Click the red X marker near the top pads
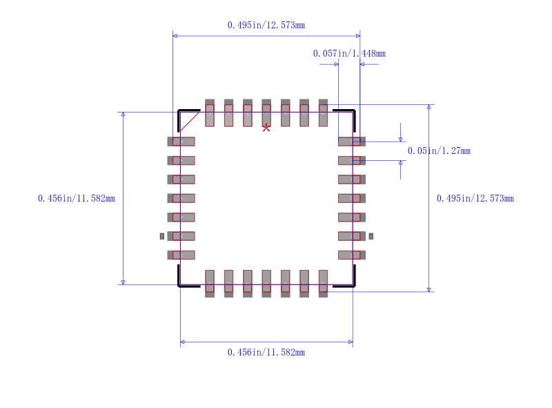click(266, 128)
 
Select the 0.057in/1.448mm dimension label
click(349, 53)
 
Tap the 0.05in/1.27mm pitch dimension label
click(439, 150)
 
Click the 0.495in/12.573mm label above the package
click(266, 25)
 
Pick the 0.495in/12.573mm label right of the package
click(475, 198)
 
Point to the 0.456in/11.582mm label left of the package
click(77, 198)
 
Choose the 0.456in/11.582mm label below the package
click(266, 352)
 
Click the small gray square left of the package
click(162, 236)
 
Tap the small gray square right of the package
click(371, 236)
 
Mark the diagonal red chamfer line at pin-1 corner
click(190, 122)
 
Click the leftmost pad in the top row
click(210, 113)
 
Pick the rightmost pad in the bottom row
click(323, 283)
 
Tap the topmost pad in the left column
click(181, 142)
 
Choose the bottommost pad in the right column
click(351, 255)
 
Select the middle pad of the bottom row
click(266, 283)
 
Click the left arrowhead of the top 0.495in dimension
click(175, 35)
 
